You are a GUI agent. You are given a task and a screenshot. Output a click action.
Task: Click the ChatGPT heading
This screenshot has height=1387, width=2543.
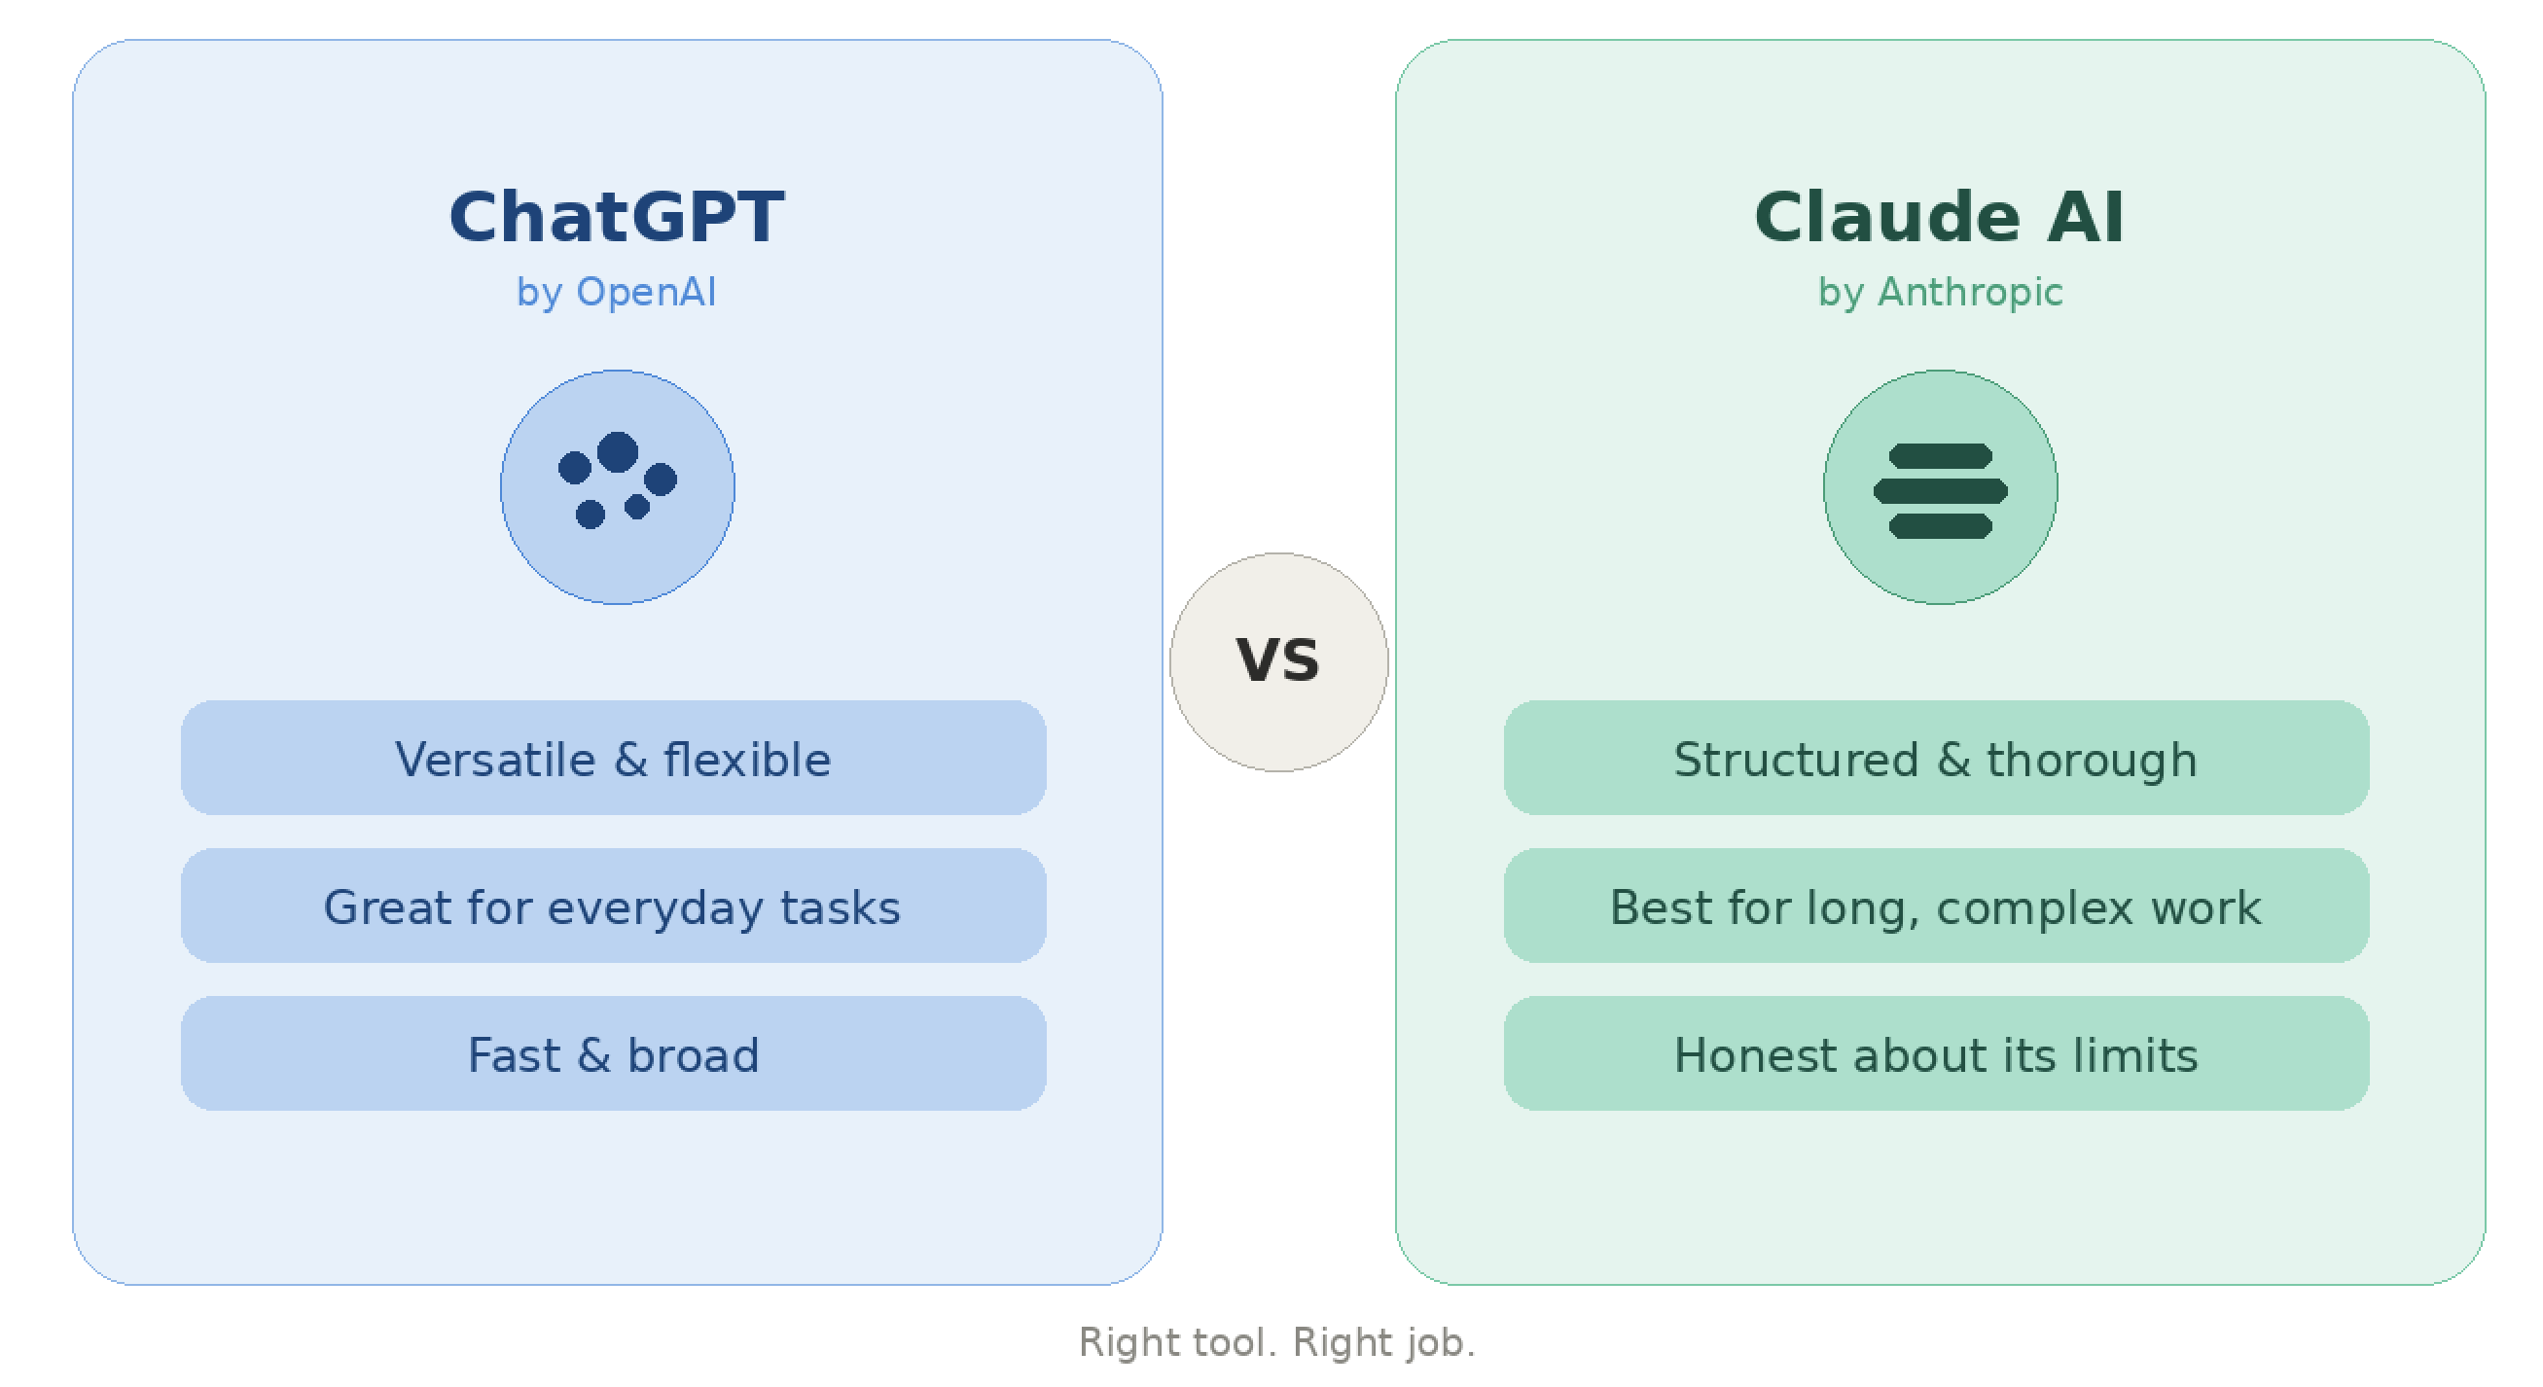[617, 216]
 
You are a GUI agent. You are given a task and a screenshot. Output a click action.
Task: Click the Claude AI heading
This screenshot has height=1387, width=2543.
[1939, 216]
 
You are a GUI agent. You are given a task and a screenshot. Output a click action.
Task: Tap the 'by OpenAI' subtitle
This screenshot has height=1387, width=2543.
[616, 292]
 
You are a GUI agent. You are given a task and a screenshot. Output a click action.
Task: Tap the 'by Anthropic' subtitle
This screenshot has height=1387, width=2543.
[1940, 292]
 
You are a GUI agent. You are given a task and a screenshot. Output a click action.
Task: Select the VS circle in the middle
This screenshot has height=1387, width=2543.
[1278, 661]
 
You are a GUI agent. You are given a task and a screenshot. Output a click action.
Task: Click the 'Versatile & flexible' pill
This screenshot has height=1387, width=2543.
[613, 757]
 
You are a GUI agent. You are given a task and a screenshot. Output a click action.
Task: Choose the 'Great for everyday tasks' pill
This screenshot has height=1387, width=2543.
[613, 906]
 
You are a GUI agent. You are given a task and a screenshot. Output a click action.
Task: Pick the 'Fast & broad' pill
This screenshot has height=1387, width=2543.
[613, 1053]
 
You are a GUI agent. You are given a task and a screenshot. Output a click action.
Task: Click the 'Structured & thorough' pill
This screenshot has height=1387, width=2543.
[1936, 757]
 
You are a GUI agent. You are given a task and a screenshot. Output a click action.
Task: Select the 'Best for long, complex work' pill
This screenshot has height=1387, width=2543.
[1936, 906]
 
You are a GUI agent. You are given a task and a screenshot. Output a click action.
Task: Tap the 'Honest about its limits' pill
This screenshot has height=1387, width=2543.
[1936, 1053]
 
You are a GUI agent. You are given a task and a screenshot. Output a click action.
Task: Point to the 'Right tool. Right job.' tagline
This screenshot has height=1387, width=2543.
[1276, 1342]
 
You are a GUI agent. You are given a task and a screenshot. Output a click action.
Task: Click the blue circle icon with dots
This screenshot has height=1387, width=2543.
[617, 486]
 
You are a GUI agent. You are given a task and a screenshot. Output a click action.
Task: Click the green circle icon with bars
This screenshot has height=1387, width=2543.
[1940, 486]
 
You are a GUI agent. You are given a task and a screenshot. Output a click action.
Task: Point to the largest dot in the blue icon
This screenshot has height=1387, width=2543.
[617, 452]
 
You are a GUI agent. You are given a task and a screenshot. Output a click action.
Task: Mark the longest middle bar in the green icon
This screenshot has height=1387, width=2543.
[1940, 490]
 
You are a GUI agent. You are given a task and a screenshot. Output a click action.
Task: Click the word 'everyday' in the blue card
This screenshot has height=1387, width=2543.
[655, 908]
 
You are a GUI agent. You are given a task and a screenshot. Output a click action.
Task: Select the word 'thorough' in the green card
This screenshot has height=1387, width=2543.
[2092, 762]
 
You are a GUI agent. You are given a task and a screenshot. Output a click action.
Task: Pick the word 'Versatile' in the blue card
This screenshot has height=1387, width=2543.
[495, 759]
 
